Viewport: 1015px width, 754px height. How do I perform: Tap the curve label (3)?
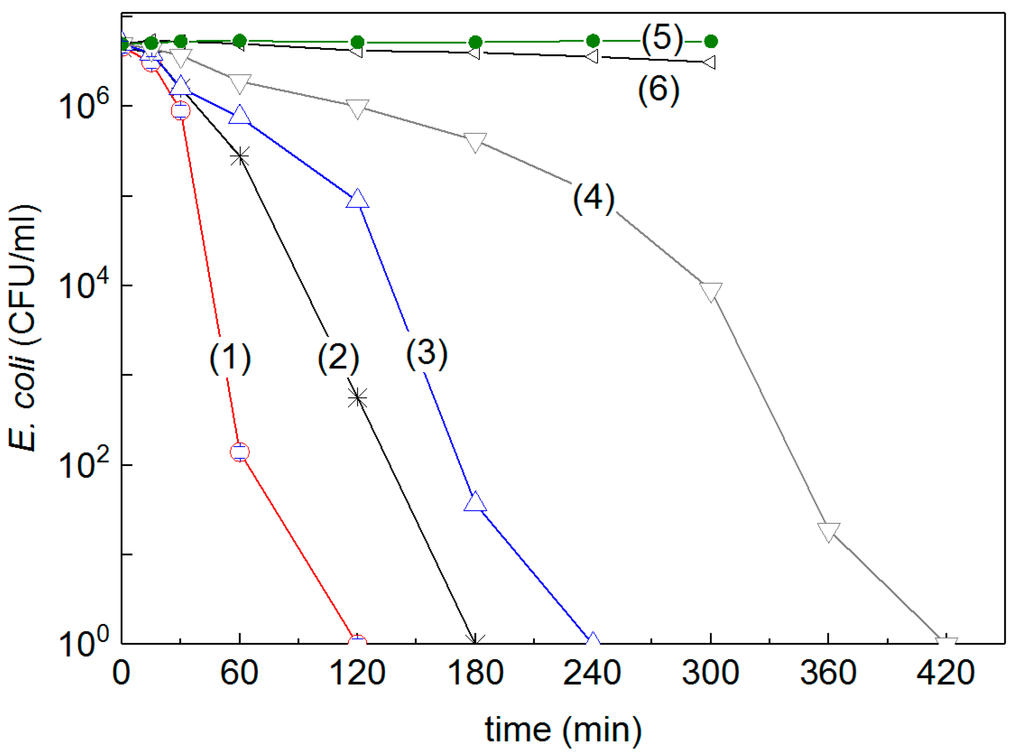point(427,354)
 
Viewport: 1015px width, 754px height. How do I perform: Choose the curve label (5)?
point(662,38)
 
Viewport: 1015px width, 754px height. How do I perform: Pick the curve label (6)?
point(658,90)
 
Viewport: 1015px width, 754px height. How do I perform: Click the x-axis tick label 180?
point(476,673)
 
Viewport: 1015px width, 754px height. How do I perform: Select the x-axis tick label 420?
point(946,673)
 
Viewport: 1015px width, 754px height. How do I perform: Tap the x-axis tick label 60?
point(239,673)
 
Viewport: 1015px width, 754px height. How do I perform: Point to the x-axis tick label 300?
point(710,673)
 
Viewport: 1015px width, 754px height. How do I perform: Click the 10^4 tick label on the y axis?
point(85,285)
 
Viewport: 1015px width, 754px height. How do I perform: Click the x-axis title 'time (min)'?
point(563,729)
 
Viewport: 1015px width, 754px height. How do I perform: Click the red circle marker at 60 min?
point(240,452)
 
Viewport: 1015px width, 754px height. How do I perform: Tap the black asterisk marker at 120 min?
point(357,398)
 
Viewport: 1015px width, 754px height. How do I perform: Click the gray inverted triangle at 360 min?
point(829,531)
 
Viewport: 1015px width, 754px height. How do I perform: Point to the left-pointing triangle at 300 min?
point(710,61)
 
